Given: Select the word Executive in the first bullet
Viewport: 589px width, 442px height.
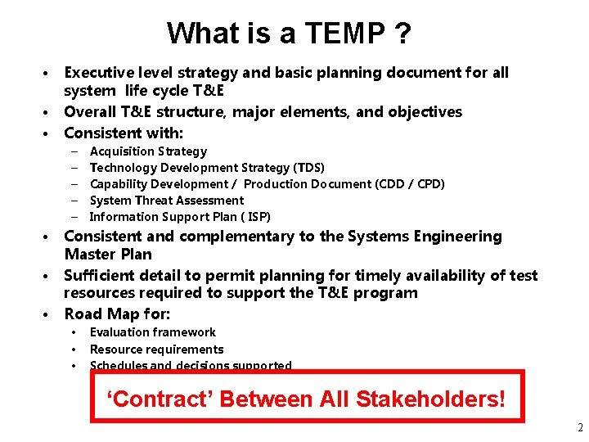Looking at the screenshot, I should (100, 72).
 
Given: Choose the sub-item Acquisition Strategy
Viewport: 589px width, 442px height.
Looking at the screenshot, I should (148, 151).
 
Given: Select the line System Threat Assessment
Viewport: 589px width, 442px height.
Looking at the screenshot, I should (166, 201).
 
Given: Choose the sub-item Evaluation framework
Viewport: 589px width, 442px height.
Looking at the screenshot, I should (152, 332).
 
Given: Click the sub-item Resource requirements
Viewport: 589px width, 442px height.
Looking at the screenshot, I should (156, 350).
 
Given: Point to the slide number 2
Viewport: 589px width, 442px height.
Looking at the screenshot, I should (579, 428).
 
